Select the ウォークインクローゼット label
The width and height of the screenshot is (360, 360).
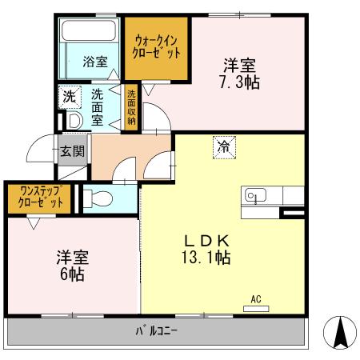tap(156, 45)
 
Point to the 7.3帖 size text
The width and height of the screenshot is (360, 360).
tap(239, 82)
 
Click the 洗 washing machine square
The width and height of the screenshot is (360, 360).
tap(69, 94)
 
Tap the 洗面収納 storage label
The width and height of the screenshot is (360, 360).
tap(130, 106)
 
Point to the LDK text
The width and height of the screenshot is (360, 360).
tap(210, 240)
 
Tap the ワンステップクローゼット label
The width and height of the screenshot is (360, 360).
tap(36, 198)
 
